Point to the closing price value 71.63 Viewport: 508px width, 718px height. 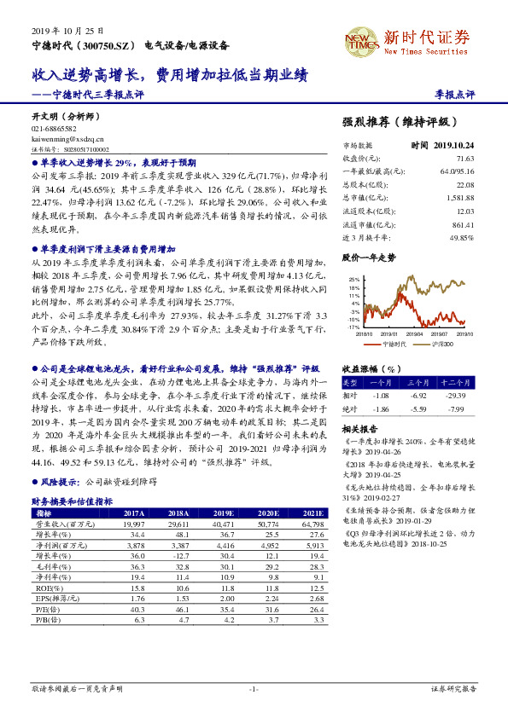click(464, 159)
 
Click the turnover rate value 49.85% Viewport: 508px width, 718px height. click(460, 238)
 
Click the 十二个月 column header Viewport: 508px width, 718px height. click(455, 383)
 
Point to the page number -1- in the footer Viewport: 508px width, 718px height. click(254, 688)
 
